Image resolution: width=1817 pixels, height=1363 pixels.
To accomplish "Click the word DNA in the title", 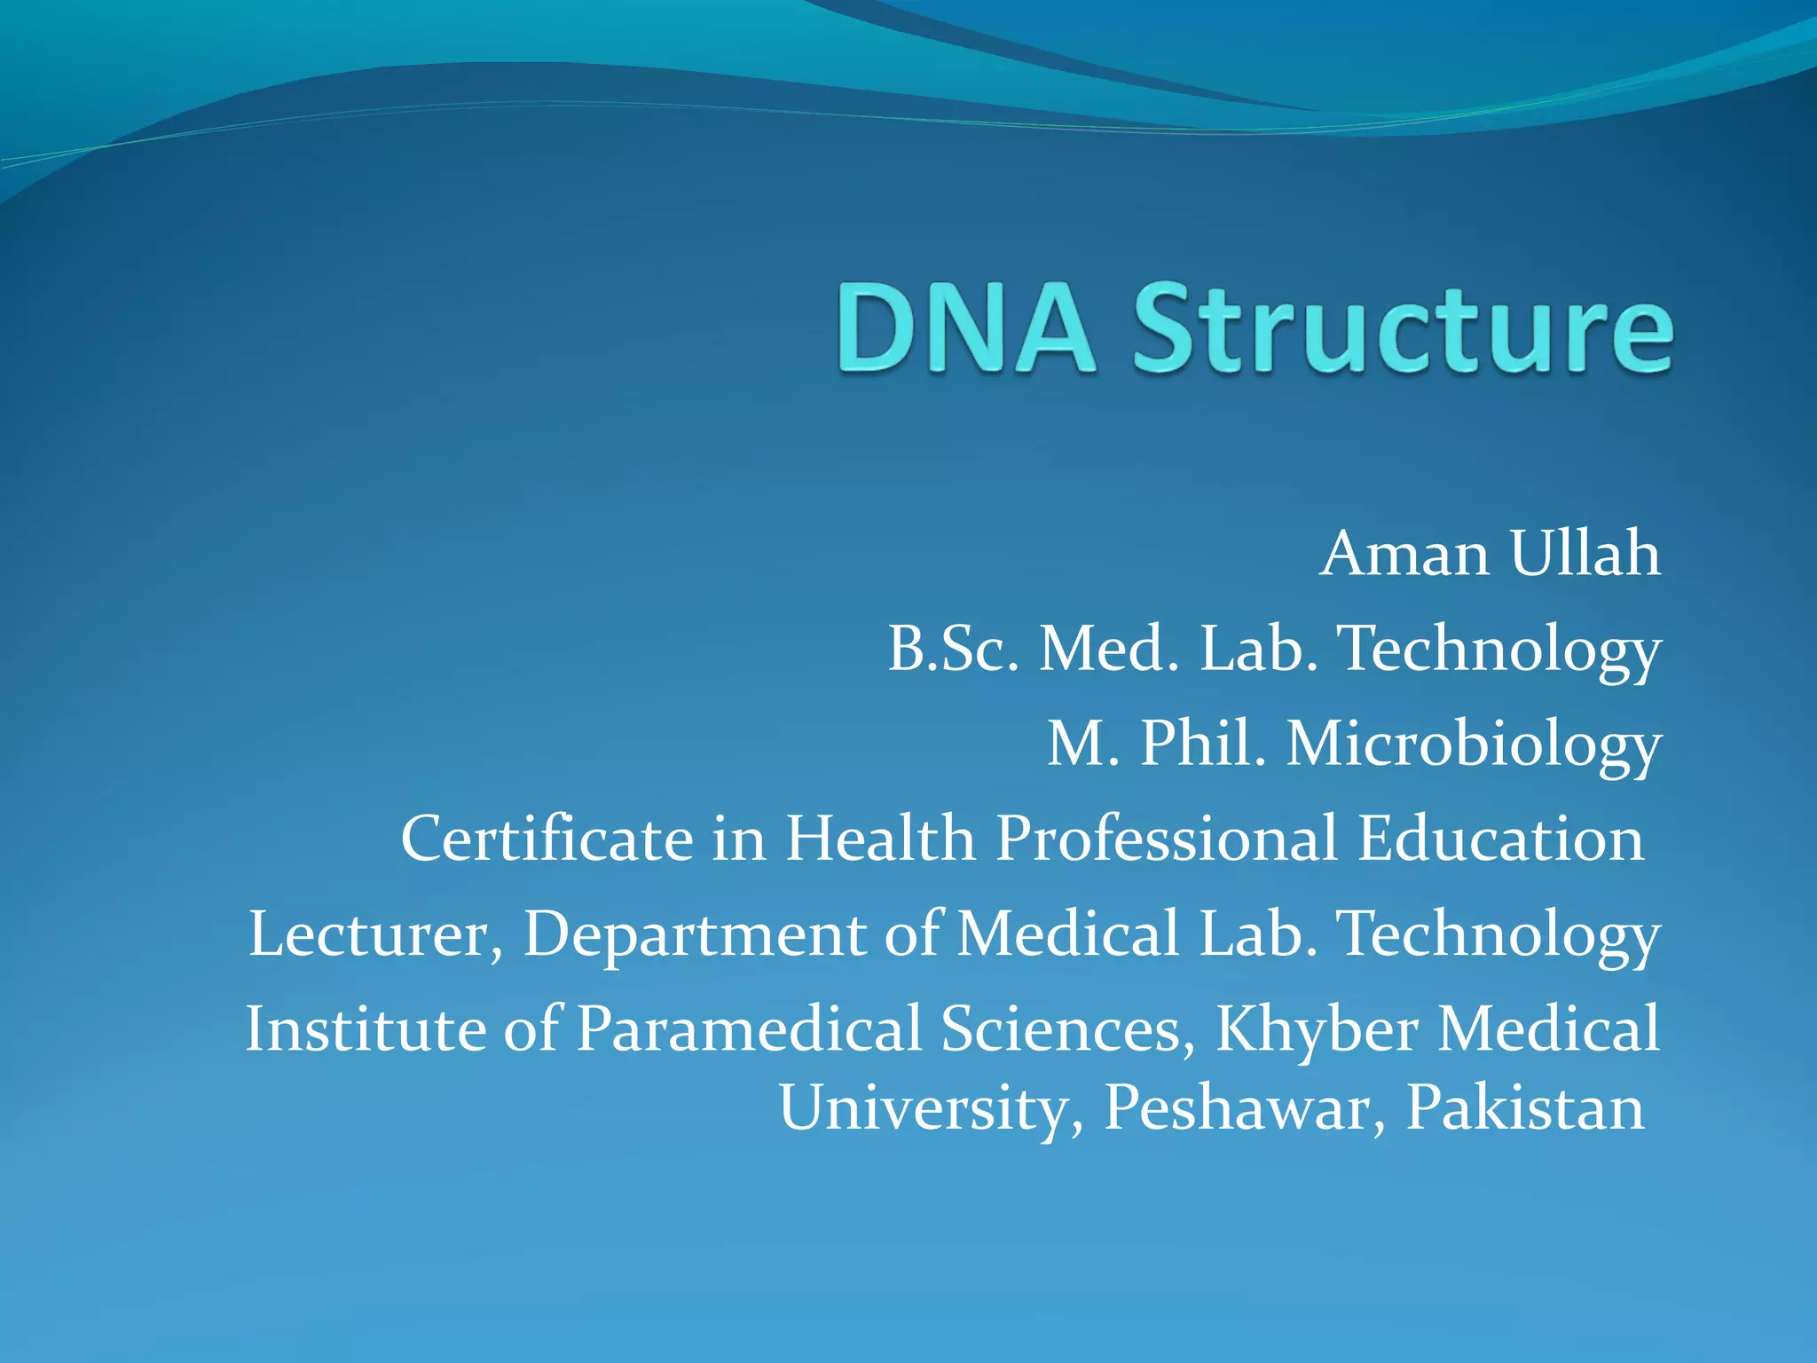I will [965, 328].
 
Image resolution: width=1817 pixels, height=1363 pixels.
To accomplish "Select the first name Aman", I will [1404, 554].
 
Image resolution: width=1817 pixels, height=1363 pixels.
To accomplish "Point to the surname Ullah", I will [1585, 554].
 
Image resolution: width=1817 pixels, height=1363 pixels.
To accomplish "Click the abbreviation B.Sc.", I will [954, 649].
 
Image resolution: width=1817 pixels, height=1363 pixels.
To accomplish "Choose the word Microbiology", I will [1474, 745].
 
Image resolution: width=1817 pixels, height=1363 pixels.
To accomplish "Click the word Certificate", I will [547, 839].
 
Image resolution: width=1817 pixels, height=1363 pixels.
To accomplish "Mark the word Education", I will [1500, 839].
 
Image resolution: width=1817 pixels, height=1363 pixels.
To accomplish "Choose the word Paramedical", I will [750, 1029].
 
